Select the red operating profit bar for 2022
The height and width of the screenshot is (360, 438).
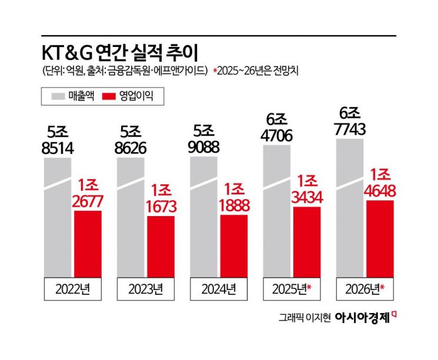[87, 243]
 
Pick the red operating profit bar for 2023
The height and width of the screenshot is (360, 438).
[160, 246]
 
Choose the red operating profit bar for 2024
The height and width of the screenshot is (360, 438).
[233, 245]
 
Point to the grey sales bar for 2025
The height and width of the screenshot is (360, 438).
[276, 211]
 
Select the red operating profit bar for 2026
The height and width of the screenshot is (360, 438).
[379, 238]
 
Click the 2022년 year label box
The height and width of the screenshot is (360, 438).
[73, 289]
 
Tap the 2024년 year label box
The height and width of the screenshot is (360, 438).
[218, 289]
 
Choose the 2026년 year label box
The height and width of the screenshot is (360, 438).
[365, 289]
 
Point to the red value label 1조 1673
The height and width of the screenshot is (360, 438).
[160, 197]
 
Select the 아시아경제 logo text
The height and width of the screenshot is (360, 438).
[362, 318]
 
